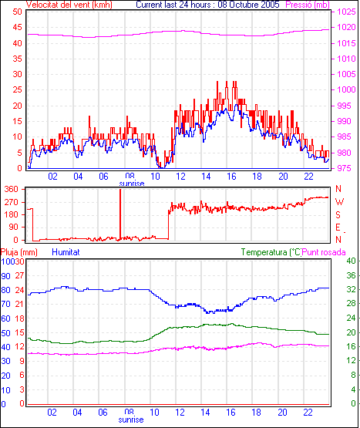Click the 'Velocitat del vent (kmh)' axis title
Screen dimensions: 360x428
(69, 5)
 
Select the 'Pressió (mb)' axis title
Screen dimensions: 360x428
(308, 5)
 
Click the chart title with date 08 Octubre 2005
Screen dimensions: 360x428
(207, 5)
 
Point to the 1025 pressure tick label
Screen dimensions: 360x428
(346, 12)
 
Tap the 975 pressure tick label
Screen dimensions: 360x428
(346, 168)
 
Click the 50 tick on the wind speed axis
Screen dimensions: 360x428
(17, 12)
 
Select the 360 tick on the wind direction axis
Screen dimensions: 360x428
(12, 189)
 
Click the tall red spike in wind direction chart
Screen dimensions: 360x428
(120, 214)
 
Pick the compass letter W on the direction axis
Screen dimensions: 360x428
(339, 202)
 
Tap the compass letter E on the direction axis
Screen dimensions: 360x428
(338, 227)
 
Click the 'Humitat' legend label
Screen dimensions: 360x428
(66, 252)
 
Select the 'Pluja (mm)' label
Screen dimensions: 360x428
(19, 252)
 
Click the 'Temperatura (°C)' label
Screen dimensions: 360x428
(271, 252)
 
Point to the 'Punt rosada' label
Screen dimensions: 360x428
(324, 252)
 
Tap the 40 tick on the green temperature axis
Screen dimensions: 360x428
(351, 261)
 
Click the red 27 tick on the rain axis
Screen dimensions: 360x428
(19, 275)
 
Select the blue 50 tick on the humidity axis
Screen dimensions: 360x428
(5, 333)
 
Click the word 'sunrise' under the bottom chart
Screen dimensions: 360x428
(131, 420)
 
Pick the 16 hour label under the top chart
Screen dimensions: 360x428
(231, 177)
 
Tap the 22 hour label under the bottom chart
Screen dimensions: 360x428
(308, 412)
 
